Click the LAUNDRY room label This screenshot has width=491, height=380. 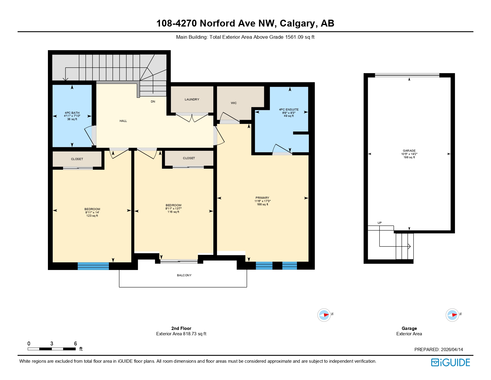coord(192,100)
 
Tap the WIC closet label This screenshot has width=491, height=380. coord(234,103)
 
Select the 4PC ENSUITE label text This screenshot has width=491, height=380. coord(289,110)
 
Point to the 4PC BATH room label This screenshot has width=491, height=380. coord(72,113)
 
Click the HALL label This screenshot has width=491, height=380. coord(123,121)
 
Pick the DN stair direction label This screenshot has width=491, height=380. coord(153,102)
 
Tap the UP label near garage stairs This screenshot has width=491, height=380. coord(379,223)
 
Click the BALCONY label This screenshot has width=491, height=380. coord(184,275)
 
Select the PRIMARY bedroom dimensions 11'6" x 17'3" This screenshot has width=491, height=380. coord(262,201)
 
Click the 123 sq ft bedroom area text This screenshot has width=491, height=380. coord(92,216)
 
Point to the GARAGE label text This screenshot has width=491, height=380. coord(409,151)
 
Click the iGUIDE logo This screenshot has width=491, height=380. coord(450,362)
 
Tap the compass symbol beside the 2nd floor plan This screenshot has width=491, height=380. coord(324,315)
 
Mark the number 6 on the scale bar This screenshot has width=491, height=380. coord(75,344)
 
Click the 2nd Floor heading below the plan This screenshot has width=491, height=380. coord(181,328)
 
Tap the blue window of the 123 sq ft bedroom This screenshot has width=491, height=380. coord(93,266)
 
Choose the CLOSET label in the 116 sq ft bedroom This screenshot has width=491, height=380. coord(189,158)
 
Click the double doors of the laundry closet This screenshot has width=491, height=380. coord(192,117)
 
